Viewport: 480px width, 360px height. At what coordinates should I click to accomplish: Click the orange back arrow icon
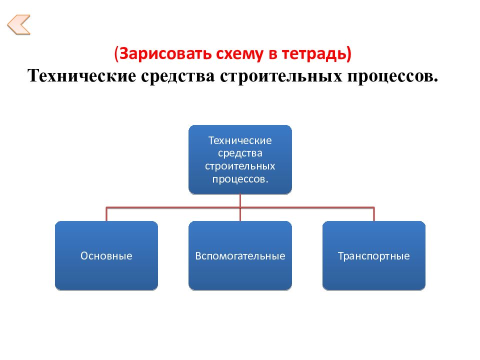coord(18,24)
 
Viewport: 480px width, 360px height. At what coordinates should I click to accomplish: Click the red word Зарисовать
coord(165,53)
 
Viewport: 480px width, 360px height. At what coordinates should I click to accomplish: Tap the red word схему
coord(239,54)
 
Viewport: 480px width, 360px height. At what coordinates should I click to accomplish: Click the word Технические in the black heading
coord(81,75)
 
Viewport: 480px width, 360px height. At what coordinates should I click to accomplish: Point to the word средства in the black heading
coord(178,76)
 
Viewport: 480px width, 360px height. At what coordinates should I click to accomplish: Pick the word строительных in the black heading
coord(280,76)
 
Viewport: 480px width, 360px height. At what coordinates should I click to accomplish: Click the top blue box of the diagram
coord(240,159)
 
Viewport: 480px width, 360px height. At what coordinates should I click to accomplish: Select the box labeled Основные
coord(106,255)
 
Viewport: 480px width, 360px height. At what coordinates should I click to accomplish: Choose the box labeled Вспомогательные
coord(240,255)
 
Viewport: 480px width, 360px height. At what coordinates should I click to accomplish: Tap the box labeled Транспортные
coord(374,255)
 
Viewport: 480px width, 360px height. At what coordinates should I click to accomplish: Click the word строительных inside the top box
coord(240,166)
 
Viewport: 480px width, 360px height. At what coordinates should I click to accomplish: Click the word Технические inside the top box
coord(240,140)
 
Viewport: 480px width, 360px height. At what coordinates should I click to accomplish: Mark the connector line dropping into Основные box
coord(106,214)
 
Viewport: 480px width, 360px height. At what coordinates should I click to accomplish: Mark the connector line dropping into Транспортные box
coord(374,214)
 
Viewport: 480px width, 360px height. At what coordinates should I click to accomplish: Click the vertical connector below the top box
coord(240,207)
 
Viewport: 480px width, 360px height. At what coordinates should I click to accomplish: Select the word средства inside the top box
coord(240,153)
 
